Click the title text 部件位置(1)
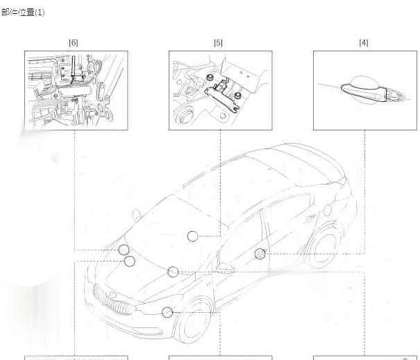coord(23,12)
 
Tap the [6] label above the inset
coord(74,42)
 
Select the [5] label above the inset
coord(218,42)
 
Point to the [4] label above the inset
coord(364,42)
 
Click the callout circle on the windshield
coord(192,236)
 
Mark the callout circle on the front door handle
coord(260,253)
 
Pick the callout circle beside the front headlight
coord(167,312)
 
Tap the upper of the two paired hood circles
coord(124,250)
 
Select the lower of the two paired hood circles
coord(130,262)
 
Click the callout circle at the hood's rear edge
coord(173,272)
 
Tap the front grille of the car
coord(114,299)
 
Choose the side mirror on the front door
coord(225,268)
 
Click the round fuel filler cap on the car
coord(328,210)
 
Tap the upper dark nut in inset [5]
coord(210,78)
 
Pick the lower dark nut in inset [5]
coord(237,96)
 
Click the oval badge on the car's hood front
coord(113,295)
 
